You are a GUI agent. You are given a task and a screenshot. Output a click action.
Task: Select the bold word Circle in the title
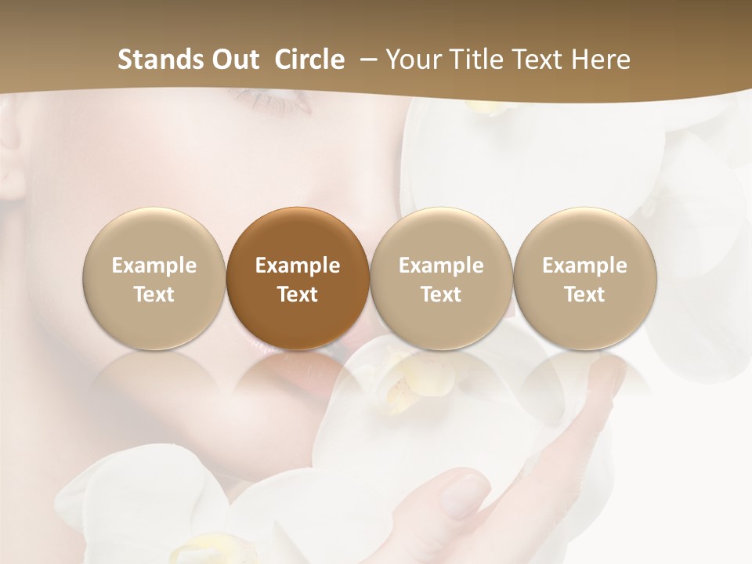(309, 60)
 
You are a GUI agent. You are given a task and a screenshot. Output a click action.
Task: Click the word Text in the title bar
(540, 60)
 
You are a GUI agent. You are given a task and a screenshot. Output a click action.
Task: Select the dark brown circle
(298, 278)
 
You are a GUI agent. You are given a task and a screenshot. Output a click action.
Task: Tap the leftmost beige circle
(154, 278)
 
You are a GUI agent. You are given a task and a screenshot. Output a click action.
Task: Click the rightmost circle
(585, 278)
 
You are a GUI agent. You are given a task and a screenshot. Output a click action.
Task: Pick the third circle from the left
(441, 278)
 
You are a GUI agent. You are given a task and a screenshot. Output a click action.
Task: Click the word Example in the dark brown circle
(298, 266)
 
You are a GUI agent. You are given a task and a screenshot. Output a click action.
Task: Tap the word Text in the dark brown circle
(298, 295)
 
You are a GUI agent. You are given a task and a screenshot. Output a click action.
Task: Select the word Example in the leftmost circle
(154, 266)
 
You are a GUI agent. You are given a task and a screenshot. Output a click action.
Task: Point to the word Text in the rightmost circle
(585, 295)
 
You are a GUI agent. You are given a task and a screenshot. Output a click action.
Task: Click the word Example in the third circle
(441, 266)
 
